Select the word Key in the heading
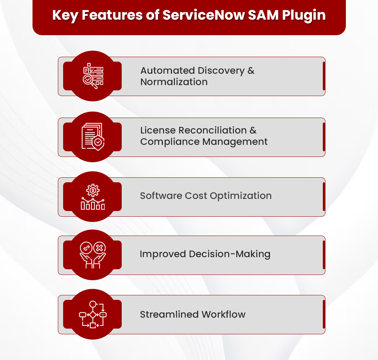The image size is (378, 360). point(65,15)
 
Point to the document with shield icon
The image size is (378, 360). point(93,137)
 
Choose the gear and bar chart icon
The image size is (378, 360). point(93,197)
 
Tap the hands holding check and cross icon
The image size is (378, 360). point(93,255)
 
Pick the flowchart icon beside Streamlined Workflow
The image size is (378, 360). point(93,314)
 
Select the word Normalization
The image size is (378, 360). point(174,82)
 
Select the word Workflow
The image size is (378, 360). point(223,315)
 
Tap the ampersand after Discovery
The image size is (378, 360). point(251,71)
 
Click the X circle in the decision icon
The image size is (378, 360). point(99,248)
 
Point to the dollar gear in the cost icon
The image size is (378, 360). point(93,190)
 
